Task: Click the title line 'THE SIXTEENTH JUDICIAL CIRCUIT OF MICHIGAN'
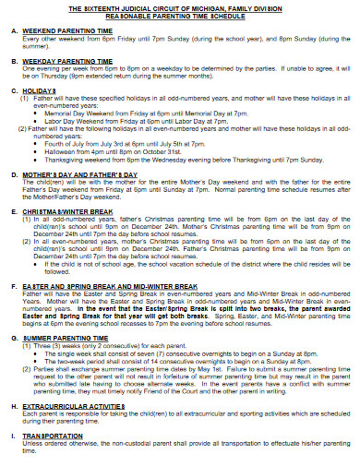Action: point(179,7)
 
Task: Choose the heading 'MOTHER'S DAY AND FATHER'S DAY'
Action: point(87,173)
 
